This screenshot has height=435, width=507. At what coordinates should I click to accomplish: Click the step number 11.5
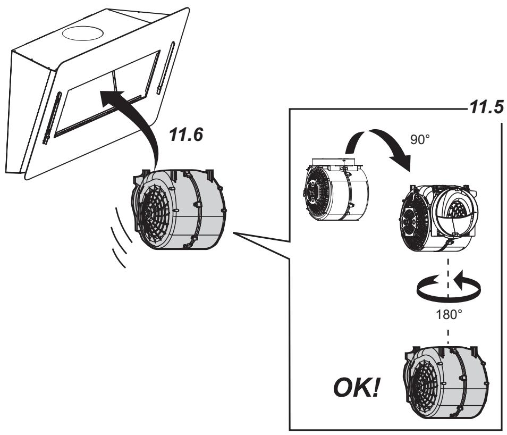[x=486, y=107]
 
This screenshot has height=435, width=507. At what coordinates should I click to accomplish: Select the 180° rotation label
[x=449, y=314]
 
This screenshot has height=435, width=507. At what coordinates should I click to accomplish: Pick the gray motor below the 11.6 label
[x=178, y=210]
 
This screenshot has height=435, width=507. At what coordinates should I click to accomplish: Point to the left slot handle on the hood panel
[x=52, y=118]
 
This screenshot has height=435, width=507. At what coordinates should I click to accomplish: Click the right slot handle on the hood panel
[x=166, y=68]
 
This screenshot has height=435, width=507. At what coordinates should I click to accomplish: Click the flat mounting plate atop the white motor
[x=337, y=161]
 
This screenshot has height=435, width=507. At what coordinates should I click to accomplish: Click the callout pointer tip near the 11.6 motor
[x=233, y=233]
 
